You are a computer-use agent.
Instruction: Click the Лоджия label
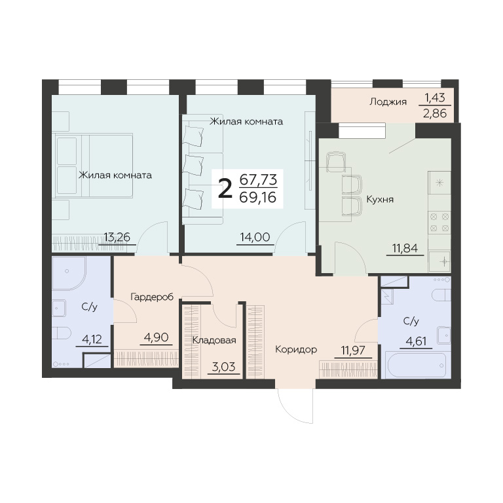tap(388, 102)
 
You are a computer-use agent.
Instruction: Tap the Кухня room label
tap(380, 199)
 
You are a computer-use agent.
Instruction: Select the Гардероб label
tap(152, 297)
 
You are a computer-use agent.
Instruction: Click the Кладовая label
tap(214, 340)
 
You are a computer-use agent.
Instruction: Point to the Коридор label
tap(296, 349)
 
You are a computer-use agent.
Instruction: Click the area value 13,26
tap(117, 237)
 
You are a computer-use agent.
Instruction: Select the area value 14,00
tap(255, 237)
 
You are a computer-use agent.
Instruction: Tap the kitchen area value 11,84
tap(405, 248)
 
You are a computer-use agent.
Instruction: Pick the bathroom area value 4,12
tap(92, 339)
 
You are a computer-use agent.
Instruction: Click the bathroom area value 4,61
tap(416, 341)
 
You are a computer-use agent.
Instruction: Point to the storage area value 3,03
tap(223, 366)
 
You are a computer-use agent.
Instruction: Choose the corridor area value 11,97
tap(353, 350)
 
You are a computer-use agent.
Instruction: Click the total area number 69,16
tap(258, 197)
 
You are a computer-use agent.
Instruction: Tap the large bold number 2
tap(225, 189)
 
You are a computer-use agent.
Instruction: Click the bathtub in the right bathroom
tap(416, 365)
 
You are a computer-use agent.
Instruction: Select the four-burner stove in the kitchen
tap(439, 222)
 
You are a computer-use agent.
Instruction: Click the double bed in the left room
tap(94, 166)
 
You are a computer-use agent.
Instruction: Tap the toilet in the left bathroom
tap(60, 333)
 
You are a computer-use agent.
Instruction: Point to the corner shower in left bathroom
tap(68, 273)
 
